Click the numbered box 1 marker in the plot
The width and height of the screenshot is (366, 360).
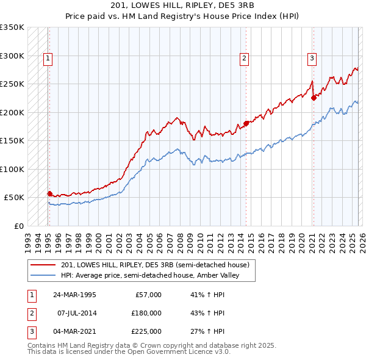point(48,59)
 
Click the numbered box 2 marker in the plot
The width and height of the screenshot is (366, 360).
point(244,59)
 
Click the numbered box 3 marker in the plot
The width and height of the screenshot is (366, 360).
point(312,59)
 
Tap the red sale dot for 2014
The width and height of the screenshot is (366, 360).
point(246,123)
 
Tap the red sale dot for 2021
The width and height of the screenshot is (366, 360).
point(314,98)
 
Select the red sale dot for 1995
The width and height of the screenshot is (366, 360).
point(49,193)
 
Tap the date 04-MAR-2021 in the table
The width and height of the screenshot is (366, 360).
point(74,331)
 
